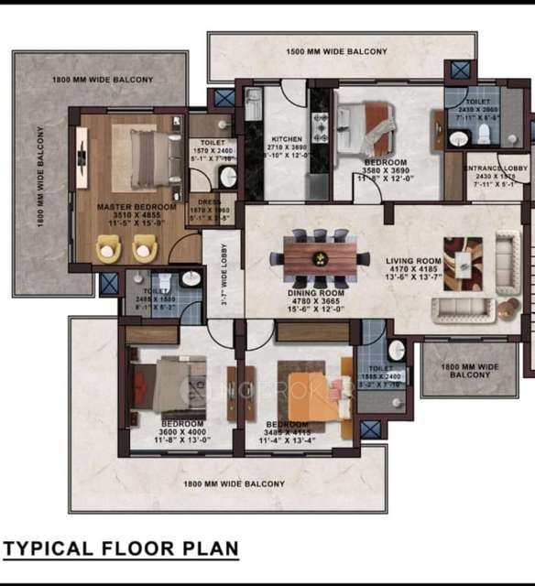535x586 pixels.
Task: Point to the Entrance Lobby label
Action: (497, 170)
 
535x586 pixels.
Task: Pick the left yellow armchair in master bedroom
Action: (109, 247)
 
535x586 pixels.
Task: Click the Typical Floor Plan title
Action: (122, 549)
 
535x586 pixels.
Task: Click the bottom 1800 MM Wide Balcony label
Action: (234, 483)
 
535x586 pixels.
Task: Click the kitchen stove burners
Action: (321, 124)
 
